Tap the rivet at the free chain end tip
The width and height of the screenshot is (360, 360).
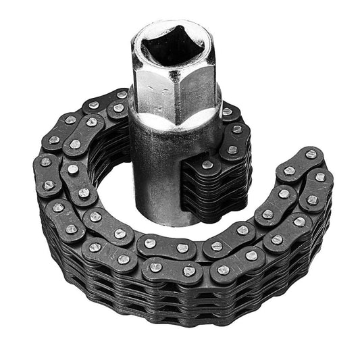pyautogui.click(x=310, y=155)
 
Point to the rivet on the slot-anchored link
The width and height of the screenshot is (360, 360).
pyautogui.click(x=207, y=165)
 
